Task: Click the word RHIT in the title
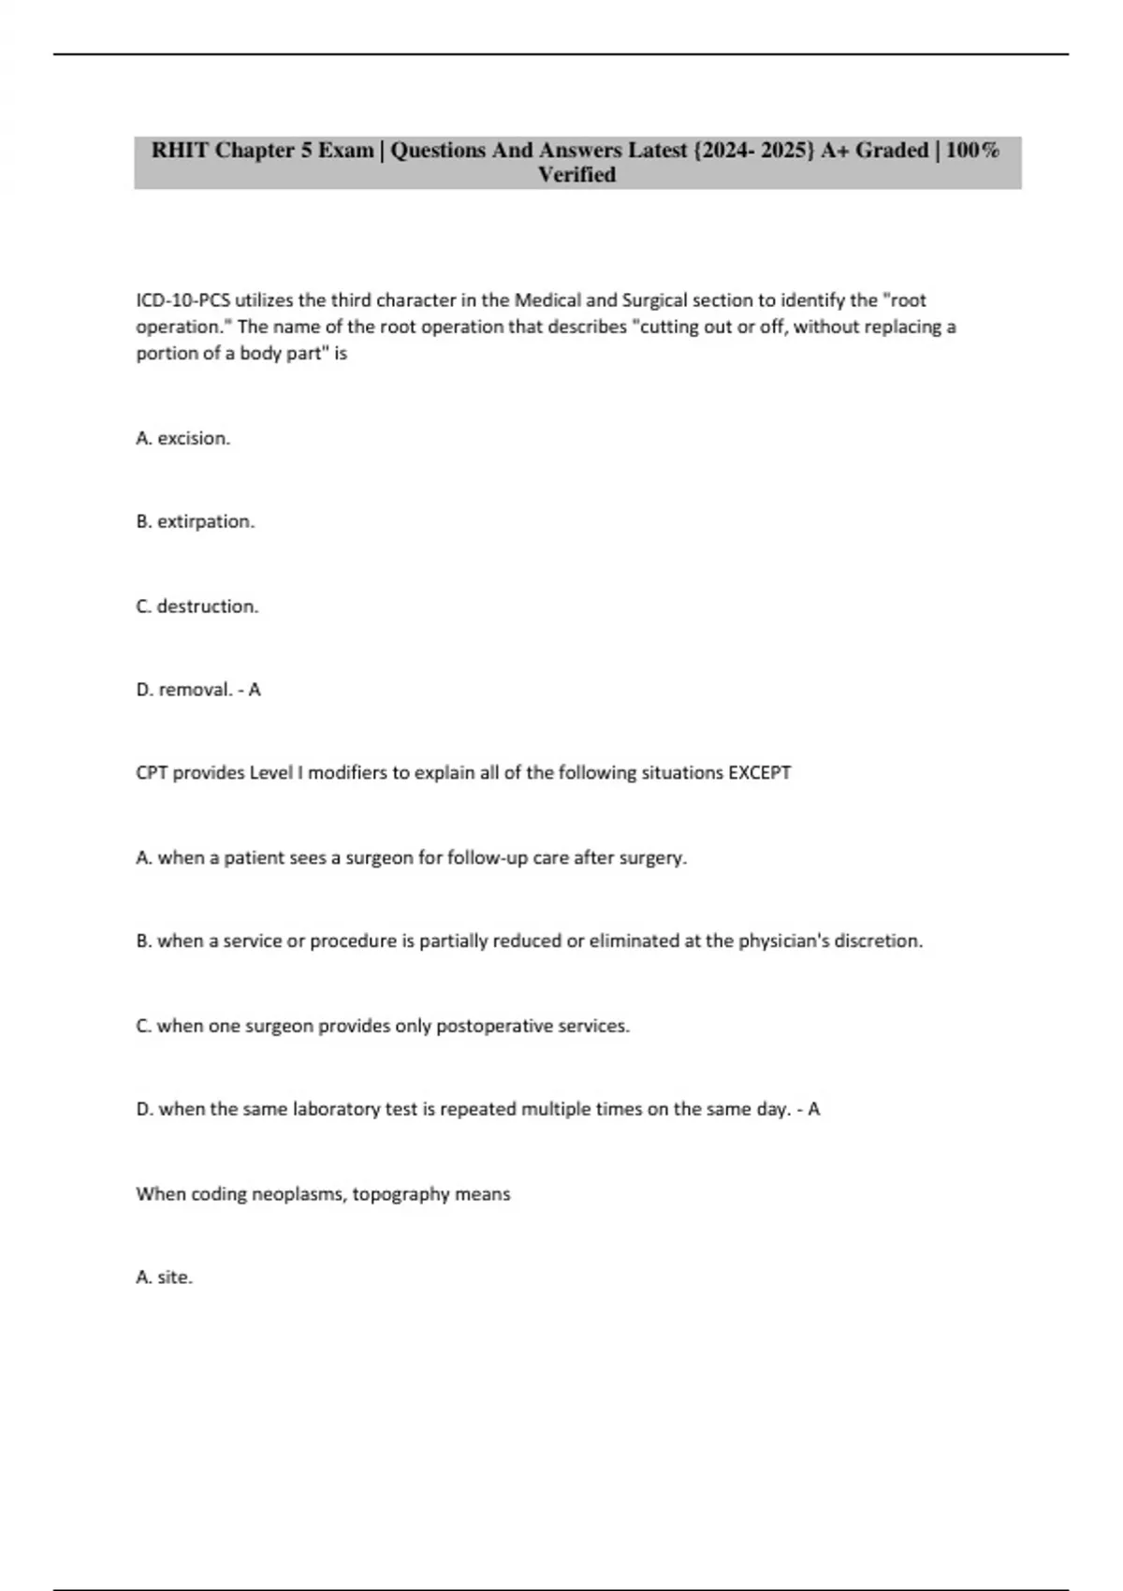point(180,151)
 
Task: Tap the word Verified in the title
point(576,175)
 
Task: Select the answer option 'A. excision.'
point(182,438)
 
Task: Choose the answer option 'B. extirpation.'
point(195,521)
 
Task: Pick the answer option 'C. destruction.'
point(197,606)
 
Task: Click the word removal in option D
point(195,690)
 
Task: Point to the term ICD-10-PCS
point(183,300)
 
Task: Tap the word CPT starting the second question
point(152,773)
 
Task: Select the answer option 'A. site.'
point(164,1277)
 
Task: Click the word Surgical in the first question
point(654,300)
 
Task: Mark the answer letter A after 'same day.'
point(813,1109)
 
